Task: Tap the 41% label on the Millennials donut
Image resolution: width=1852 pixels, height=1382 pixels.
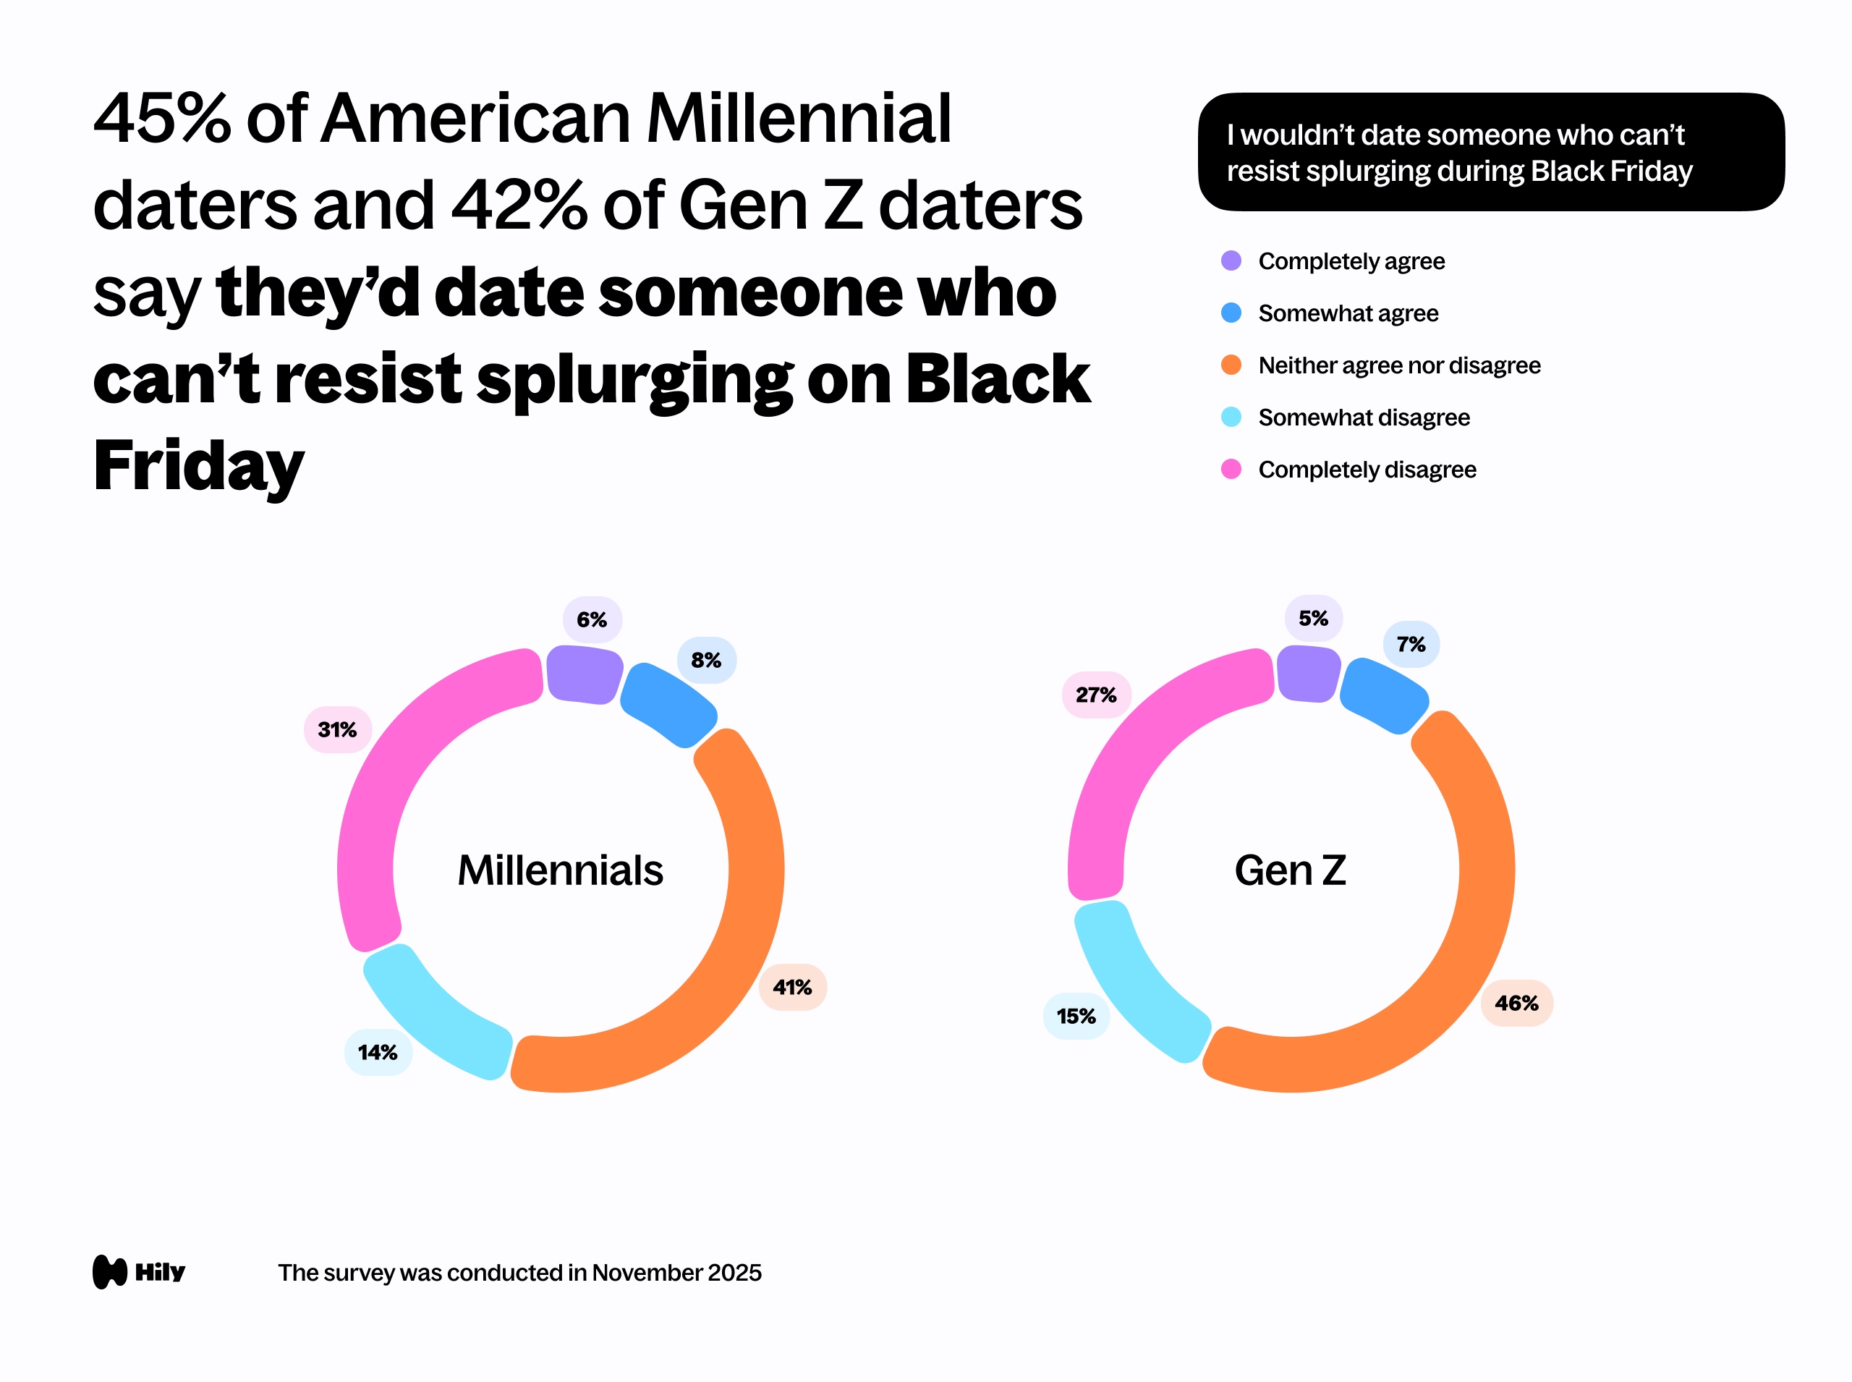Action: pyautogui.click(x=792, y=987)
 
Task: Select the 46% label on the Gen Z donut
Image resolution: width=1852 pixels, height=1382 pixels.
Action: pyautogui.click(x=1516, y=1003)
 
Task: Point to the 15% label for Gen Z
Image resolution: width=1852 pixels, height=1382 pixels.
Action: pyautogui.click(x=1076, y=1017)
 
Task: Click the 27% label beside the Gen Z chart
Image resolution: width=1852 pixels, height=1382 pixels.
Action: pyautogui.click(x=1096, y=695)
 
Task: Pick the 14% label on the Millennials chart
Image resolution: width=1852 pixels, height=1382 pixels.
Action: pyautogui.click(x=377, y=1052)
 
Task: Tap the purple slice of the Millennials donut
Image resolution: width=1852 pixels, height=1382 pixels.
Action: pyautogui.click(x=583, y=674)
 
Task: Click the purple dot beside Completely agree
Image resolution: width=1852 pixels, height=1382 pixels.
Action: pyautogui.click(x=1231, y=261)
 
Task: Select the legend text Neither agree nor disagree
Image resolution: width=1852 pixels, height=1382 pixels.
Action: pyautogui.click(x=1398, y=365)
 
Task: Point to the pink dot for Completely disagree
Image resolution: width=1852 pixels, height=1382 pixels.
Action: pyautogui.click(x=1231, y=470)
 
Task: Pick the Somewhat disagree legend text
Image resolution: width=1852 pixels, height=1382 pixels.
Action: pyautogui.click(x=1364, y=417)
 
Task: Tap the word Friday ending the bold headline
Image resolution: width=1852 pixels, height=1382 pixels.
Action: pyautogui.click(x=199, y=467)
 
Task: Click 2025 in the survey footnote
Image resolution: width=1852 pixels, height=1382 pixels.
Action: pyautogui.click(x=734, y=1273)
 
